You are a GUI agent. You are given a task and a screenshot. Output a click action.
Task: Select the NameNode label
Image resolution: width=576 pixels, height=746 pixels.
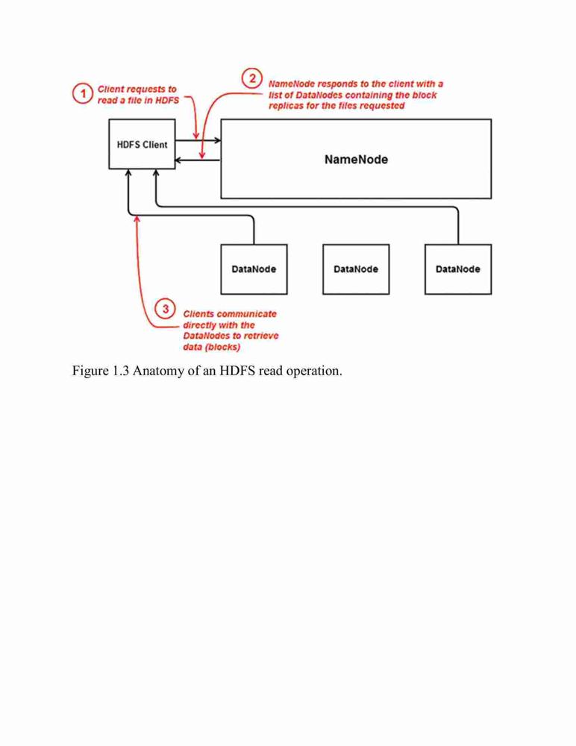click(x=356, y=160)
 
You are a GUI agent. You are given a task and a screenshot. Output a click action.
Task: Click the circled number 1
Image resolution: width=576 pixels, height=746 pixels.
click(x=82, y=93)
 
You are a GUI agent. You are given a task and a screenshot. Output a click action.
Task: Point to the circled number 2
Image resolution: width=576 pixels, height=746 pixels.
click(x=252, y=78)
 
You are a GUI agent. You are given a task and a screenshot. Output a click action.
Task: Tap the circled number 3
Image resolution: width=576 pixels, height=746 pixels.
click(x=165, y=309)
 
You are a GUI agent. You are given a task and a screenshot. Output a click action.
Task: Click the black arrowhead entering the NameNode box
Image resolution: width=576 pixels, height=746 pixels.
click(x=218, y=140)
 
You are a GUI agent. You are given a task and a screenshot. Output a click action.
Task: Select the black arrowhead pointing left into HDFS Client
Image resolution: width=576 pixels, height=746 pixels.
click(x=178, y=160)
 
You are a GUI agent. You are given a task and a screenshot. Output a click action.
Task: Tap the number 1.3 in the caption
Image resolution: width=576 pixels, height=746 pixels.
click(x=120, y=371)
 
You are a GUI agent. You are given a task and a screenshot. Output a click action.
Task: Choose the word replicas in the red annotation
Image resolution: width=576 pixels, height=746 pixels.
click(x=286, y=106)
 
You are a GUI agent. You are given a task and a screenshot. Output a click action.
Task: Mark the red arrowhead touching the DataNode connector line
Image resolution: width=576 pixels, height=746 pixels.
click(x=137, y=219)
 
